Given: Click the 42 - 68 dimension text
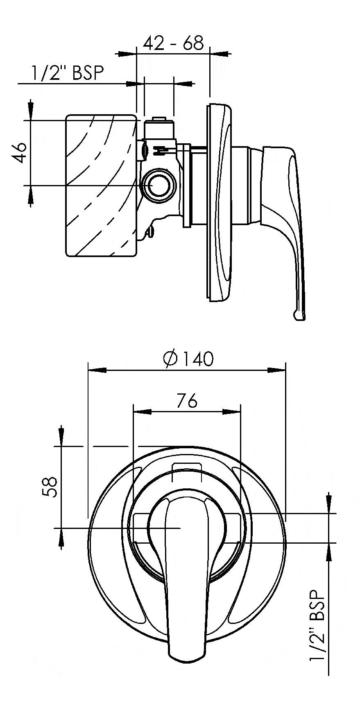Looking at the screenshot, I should pos(173,43).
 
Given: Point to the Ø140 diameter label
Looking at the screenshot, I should pos(188,359).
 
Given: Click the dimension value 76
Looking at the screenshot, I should pos(187,401).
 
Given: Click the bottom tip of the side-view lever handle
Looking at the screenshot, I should pos(299,316).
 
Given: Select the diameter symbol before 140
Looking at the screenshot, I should pos(170,359).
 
